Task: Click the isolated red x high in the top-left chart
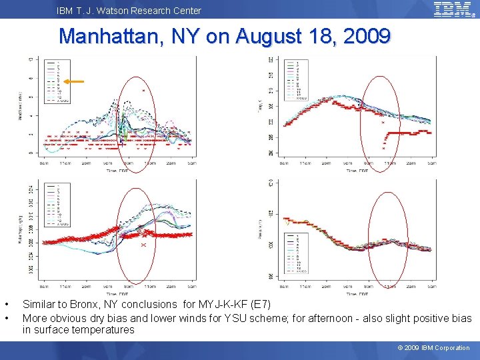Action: click(143, 90)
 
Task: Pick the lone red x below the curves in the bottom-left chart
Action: click(143, 245)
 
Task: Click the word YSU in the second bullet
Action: click(241, 318)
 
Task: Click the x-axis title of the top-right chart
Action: click(359, 171)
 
